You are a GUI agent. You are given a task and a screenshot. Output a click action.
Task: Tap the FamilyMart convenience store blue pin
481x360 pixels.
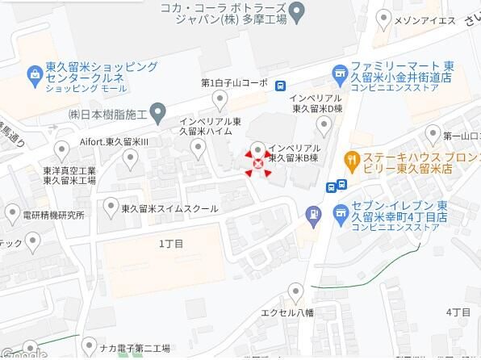coord(340,75)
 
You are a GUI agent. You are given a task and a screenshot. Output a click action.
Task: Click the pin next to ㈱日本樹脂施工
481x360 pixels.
coord(158,112)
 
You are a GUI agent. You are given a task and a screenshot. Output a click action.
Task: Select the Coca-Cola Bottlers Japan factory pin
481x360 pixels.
coord(297,11)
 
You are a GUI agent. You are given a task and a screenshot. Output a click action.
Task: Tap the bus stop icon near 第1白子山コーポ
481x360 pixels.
coord(279,86)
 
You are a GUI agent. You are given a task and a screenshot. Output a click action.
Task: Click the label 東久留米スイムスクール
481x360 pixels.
coord(169,208)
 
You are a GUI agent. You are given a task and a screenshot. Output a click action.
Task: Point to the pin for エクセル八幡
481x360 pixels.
coord(295,291)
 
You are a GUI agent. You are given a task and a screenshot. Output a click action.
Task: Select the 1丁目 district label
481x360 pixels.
coord(171,243)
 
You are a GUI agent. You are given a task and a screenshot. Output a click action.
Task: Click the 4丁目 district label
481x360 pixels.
coord(458,311)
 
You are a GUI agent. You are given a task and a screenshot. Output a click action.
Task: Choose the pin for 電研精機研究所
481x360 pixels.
coord(12,215)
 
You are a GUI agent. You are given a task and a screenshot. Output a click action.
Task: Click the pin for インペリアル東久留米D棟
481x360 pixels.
coord(324,123)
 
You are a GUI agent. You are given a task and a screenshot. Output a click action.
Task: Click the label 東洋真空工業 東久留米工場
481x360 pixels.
coord(69,175)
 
